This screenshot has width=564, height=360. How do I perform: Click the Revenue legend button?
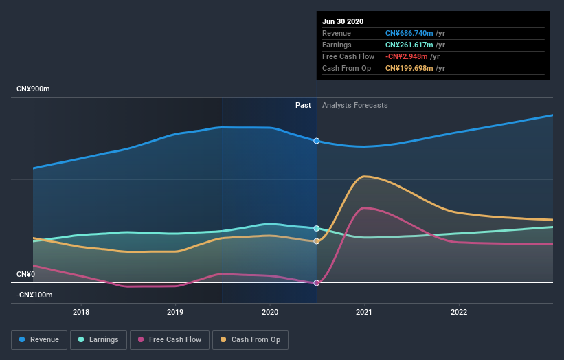[x=40, y=339]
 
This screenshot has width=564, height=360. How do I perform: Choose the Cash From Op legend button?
[x=250, y=339]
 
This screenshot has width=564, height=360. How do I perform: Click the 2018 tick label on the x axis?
[x=81, y=311]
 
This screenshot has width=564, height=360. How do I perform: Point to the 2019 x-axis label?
[x=175, y=311]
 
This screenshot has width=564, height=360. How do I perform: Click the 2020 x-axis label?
[x=270, y=311]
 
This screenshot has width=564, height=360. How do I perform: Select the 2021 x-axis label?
[x=364, y=311]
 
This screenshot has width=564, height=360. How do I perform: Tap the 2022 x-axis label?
[x=458, y=311]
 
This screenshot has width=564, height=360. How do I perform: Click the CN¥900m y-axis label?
[x=34, y=89]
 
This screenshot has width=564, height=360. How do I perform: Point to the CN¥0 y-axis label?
[x=25, y=274]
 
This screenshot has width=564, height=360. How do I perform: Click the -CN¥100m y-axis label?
[x=34, y=295]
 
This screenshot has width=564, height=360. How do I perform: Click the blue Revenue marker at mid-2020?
[x=317, y=141]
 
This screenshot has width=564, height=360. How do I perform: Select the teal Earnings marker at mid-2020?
[x=317, y=228]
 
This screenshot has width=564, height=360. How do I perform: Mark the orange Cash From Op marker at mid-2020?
[x=317, y=241]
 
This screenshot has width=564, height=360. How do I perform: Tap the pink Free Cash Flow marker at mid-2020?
[x=317, y=283]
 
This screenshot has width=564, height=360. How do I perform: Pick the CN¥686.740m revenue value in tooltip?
[x=409, y=33]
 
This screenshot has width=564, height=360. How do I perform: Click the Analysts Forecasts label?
[x=354, y=106]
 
